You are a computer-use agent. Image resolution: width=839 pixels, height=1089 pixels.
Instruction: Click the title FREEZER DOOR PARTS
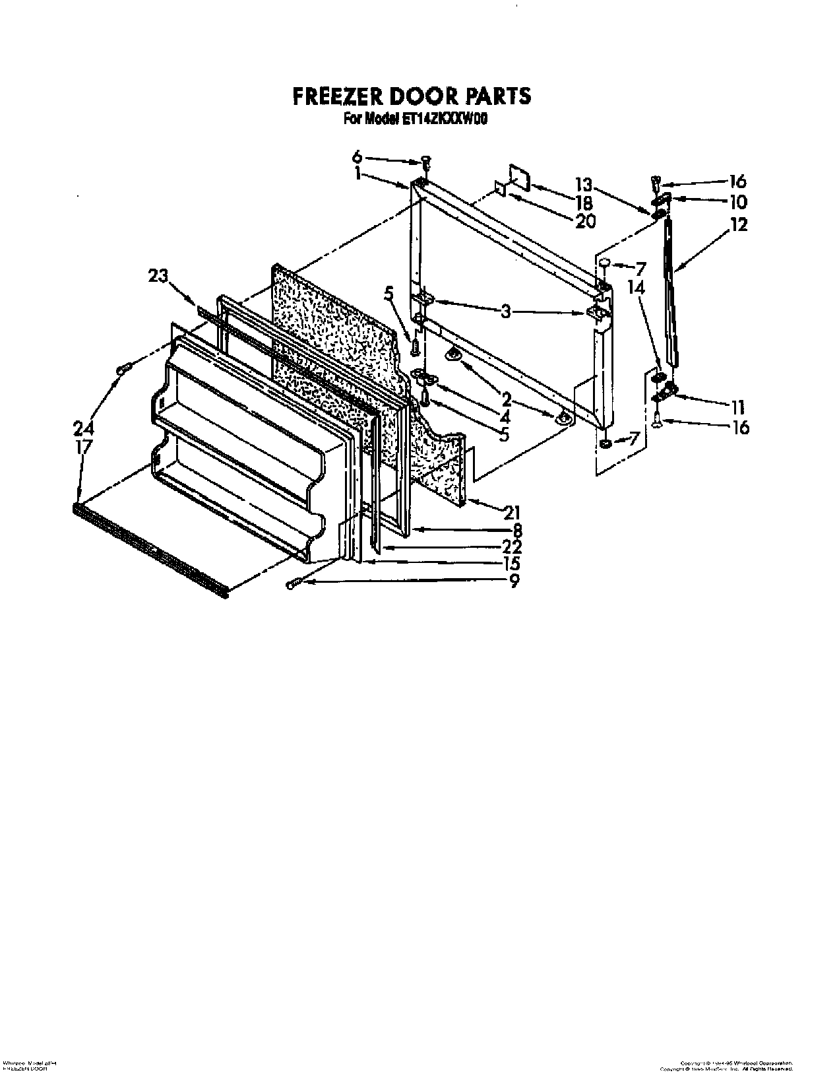coord(412,96)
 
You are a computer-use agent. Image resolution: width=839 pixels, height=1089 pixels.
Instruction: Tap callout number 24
coord(84,429)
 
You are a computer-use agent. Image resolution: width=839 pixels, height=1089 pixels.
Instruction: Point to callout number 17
coord(84,447)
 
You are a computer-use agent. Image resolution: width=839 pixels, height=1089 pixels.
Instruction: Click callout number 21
coord(511,511)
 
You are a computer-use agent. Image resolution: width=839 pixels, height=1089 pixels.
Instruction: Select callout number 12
coord(739,224)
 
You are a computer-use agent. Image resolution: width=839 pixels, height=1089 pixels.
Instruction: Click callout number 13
coord(583,184)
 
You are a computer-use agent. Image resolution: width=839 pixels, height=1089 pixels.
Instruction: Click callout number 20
coord(584,221)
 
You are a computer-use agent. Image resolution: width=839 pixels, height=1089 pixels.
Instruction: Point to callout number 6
coord(357,156)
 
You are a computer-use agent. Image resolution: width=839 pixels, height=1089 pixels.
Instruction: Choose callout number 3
coord(505,311)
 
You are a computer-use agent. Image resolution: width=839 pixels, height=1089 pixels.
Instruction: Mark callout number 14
coord(636,288)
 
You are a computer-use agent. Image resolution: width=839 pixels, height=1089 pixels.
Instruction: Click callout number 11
coord(737,407)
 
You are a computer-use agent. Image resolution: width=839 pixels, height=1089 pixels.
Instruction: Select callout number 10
coord(737,202)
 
